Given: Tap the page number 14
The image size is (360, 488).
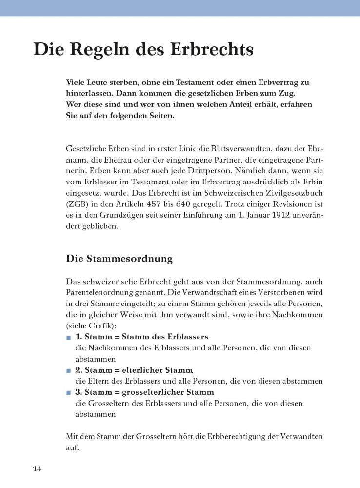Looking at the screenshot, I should (x=38, y=469).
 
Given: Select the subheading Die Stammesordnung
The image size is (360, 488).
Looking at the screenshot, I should (x=119, y=259).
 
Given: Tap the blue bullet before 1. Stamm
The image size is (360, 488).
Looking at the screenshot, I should (x=68, y=337).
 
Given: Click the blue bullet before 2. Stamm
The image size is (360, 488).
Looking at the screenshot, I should (x=68, y=370).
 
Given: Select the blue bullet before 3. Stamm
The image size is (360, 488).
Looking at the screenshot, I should (x=68, y=392).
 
